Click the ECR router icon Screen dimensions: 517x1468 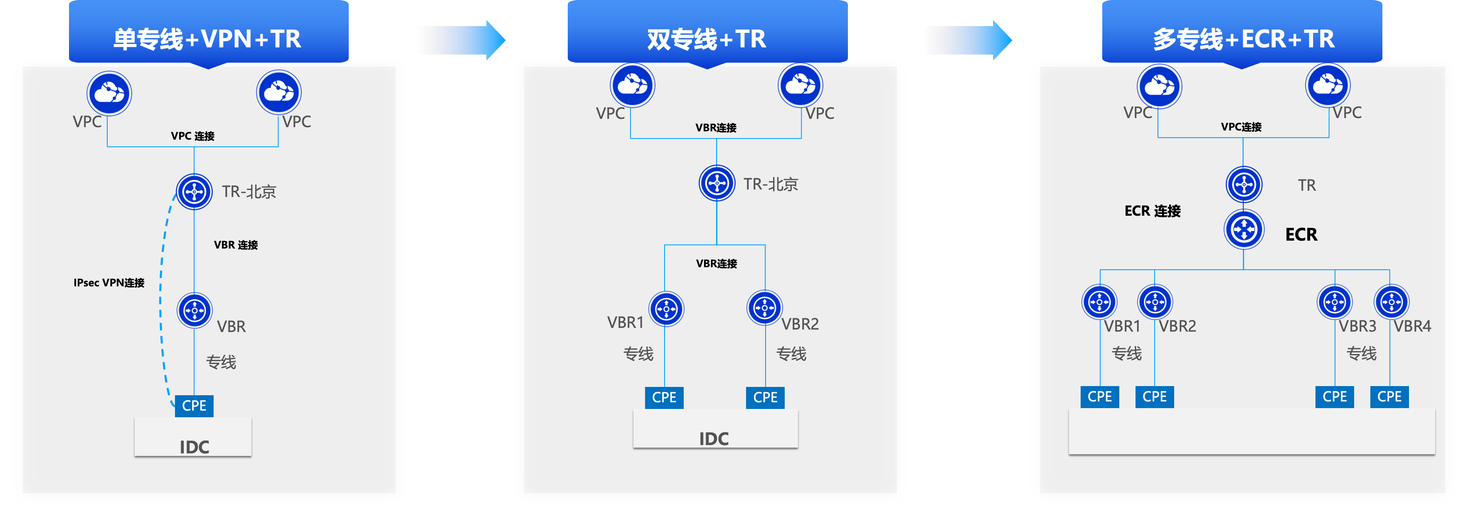pos(1244,230)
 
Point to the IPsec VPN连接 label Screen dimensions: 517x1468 pos(109,283)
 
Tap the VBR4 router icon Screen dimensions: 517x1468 pos(1391,302)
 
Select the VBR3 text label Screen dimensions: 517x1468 pos(1357,327)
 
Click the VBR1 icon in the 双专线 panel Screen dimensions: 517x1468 pos(666,309)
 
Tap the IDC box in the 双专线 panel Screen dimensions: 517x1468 pos(714,431)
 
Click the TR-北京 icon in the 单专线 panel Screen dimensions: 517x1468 pos(194,192)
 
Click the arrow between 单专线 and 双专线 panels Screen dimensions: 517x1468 pos(461,40)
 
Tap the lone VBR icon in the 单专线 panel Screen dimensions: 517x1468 pos(195,310)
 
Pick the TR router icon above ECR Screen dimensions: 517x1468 pos(1244,185)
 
